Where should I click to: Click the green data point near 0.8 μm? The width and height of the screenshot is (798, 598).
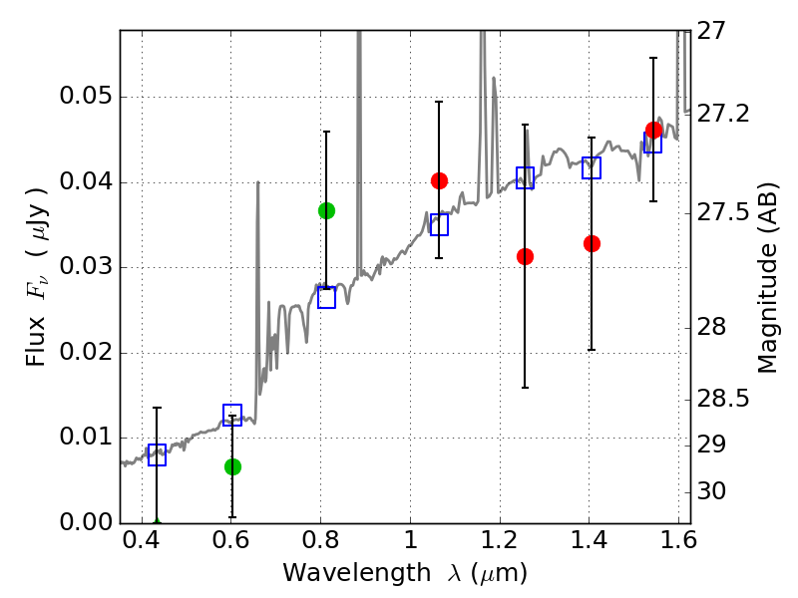(327, 210)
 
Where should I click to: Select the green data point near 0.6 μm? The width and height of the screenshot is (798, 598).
(232, 466)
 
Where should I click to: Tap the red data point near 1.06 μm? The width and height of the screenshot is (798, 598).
(439, 180)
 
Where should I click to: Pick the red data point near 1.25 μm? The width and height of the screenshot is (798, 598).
(526, 257)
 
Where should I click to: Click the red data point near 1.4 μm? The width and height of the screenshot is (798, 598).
(592, 243)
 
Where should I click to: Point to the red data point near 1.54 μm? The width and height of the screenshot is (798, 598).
(653, 131)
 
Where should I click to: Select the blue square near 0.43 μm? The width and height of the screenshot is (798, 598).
(157, 454)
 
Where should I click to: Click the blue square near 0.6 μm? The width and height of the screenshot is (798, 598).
(232, 415)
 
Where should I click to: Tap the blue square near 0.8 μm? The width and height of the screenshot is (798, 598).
(327, 297)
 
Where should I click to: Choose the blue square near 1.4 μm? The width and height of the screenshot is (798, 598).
(592, 167)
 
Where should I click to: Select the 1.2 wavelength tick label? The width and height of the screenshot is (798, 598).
(501, 540)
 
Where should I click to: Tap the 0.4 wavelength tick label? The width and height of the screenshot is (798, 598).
(142, 540)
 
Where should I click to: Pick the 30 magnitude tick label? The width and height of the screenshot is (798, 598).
(712, 491)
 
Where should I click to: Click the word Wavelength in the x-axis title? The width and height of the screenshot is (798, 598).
(357, 573)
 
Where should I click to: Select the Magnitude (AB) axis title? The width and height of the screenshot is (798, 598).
(767, 278)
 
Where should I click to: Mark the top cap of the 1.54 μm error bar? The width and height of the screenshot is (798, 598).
(653, 58)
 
